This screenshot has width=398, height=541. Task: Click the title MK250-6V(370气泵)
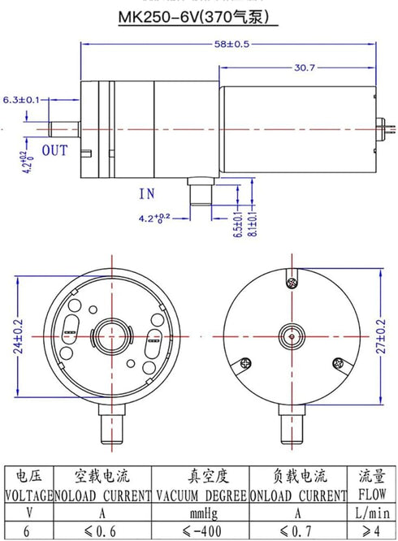[x=194, y=17]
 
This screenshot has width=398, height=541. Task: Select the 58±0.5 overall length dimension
[x=231, y=44]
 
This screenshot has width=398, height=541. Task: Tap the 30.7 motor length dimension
[x=305, y=67]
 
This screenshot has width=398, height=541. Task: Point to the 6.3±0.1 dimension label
[x=21, y=100]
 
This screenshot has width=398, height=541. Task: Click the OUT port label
[x=55, y=151]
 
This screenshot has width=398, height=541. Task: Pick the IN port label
[x=147, y=194]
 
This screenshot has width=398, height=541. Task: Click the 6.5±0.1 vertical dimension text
[x=238, y=224]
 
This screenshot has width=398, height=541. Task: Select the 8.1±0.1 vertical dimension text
[x=253, y=223]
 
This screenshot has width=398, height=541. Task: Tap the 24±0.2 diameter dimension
[x=19, y=336]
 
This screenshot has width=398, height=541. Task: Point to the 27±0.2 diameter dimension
[x=381, y=336]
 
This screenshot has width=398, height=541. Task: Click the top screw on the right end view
[x=292, y=283]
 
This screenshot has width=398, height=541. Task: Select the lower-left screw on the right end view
[x=245, y=363]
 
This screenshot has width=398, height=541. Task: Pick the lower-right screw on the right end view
[x=338, y=363]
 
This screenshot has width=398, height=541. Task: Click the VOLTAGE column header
[x=29, y=496]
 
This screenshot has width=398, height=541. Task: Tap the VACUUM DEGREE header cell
[x=201, y=496]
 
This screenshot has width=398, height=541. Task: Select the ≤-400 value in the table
[x=201, y=531]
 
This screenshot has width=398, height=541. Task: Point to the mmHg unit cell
[x=204, y=513]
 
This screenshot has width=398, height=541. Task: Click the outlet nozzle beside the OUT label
[x=64, y=129]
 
